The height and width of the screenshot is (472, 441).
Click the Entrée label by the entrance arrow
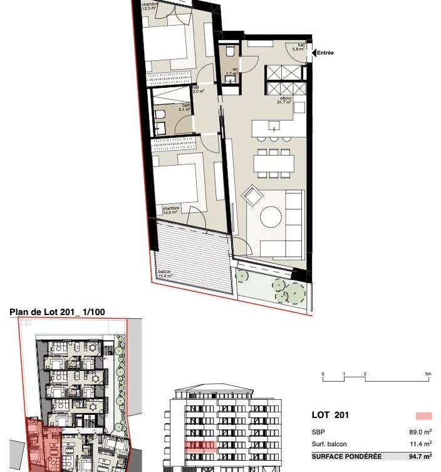[x=325, y=53]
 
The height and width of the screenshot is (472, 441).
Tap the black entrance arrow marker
[x=314, y=53]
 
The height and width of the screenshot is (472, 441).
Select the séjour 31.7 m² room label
[x=286, y=100]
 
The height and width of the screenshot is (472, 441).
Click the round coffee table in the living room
[x=271, y=217]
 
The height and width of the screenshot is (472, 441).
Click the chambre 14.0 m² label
[x=170, y=211]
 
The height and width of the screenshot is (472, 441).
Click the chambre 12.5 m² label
[x=150, y=7]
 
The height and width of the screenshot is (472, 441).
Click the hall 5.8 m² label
[x=301, y=47]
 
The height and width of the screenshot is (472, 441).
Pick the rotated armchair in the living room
[x=251, y=196]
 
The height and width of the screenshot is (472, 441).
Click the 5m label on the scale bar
[x=428, y=374]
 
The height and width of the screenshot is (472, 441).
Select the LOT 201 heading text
[x=330, y=415]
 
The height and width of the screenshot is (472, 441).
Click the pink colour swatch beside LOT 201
[x=424, y=416]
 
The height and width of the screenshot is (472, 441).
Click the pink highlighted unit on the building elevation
[x=200, y=446]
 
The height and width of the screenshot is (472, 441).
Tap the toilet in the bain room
[x=160, y=115]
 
